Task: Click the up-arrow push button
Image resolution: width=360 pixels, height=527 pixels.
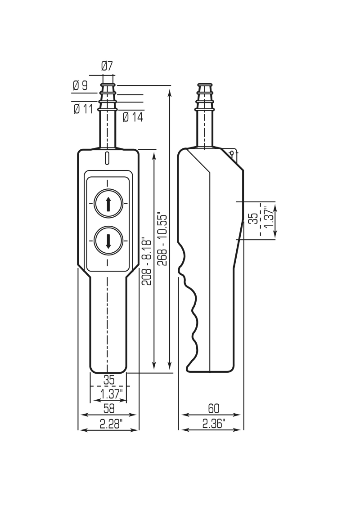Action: pos(108,203)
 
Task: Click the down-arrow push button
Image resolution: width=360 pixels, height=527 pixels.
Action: pos(108,240)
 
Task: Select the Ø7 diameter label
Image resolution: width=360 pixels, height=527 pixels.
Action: pos(107,66)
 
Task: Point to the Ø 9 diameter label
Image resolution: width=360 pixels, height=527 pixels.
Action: pos(81,86)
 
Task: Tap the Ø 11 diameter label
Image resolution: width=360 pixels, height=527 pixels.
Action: pos(83,109)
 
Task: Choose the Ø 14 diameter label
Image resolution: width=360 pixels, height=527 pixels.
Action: pos(133,117)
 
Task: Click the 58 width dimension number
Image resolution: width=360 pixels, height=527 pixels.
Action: pos(109,408)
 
